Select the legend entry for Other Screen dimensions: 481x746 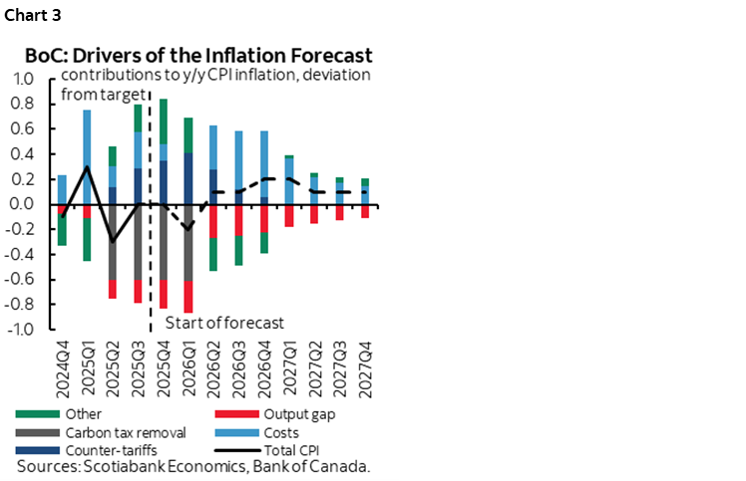[x=60, y=413]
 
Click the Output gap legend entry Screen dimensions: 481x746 [x=264, y=413]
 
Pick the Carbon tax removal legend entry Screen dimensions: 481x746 [x=89, y=433]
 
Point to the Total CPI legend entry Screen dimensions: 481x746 [x=264, y=451]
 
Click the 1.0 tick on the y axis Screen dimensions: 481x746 [x=22, y=79]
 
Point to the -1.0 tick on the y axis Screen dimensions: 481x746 [x=20, y=330]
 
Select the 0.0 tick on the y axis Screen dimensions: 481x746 [x=22, y=204]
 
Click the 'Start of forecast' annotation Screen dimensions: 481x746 [x=224, y=323]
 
